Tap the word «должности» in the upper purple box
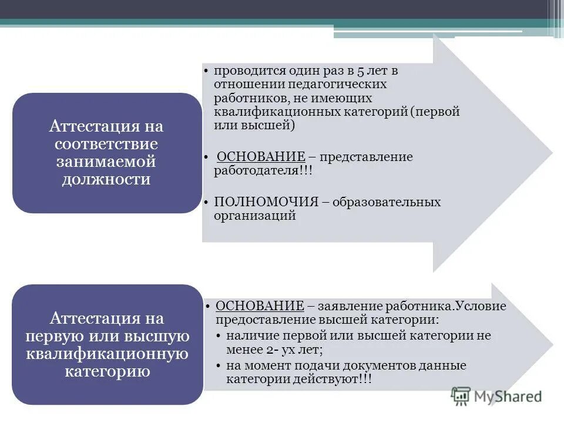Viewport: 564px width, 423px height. (106, 179)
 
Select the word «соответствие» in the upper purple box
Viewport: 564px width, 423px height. (106, 144)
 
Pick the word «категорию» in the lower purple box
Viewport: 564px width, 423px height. (106, 371)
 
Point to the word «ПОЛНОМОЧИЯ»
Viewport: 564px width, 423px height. (266, 202)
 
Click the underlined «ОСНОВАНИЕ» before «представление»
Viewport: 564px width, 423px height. (261, 157)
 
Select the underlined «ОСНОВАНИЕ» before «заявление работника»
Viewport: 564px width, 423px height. (260, 306)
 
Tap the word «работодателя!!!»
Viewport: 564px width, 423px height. (263, 171)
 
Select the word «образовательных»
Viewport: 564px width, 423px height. (387, 202)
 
